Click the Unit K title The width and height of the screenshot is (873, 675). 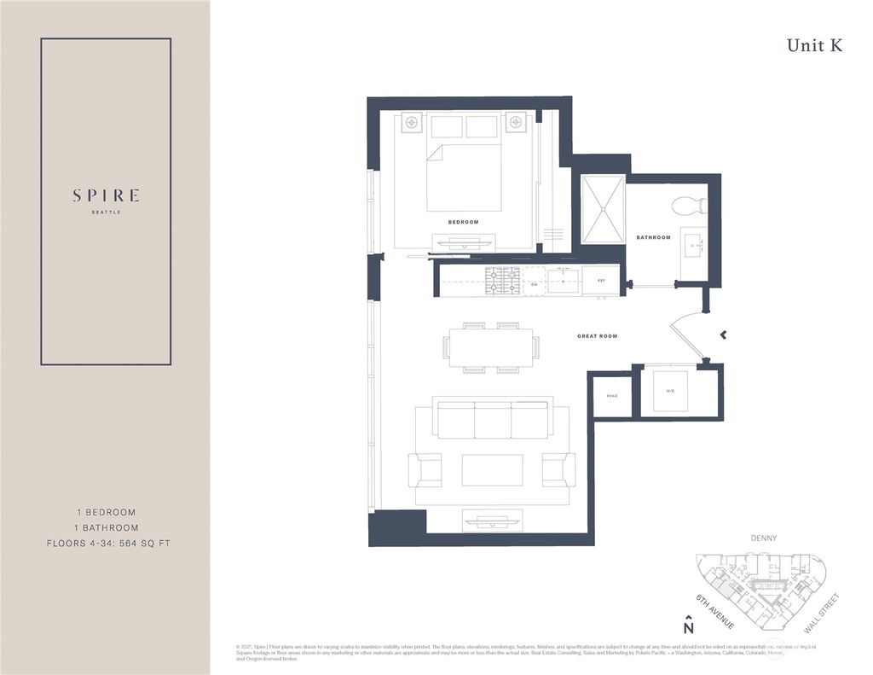814,46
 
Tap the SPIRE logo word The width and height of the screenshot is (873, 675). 106,195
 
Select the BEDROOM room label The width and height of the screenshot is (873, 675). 463,222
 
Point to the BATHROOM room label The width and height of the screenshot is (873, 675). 653,237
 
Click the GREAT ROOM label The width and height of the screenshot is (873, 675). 597,336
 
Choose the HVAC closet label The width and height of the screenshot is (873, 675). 611,396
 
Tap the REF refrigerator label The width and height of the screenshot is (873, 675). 600,280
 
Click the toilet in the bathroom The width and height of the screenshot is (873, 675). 689,206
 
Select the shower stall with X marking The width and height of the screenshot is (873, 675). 603,209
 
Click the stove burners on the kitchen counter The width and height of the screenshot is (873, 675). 502,279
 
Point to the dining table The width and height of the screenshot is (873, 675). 491,347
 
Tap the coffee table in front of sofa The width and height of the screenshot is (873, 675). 493,470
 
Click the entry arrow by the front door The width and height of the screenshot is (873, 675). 723,335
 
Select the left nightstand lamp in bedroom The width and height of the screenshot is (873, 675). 412,123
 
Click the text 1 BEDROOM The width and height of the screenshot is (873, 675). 106,512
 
